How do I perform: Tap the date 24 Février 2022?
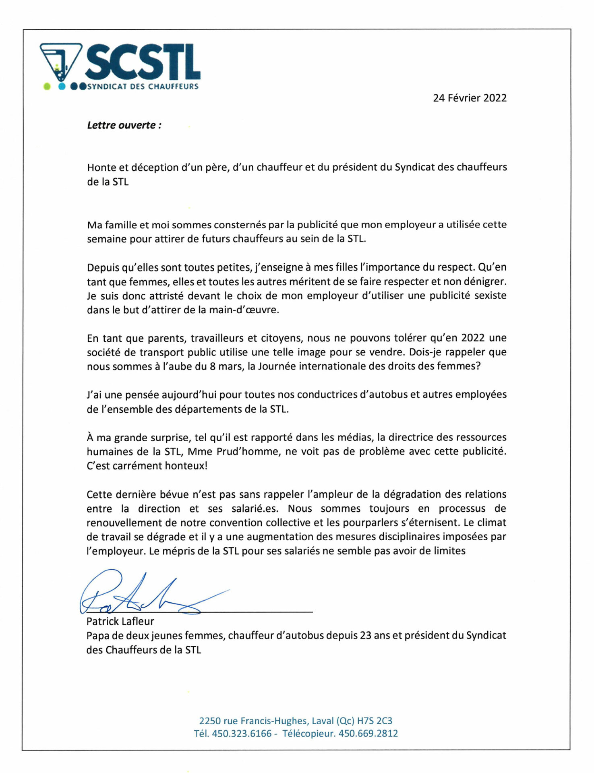pos(470,98)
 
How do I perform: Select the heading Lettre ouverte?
pos(124,125)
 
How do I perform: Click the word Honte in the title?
pos(101,167)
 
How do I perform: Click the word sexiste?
pos(490,296)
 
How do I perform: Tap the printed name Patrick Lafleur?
pos(120,622)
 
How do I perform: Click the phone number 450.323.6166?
pos(242,734)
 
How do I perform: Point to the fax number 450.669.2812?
pos(368,734)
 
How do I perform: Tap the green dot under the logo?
pos(47,86)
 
